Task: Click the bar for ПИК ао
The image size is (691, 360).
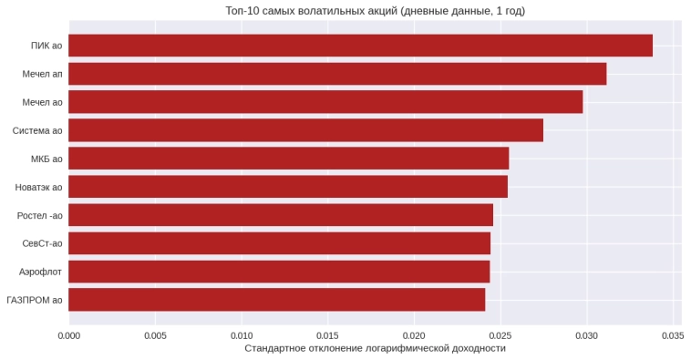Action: pyautogui.click(x=360, y=46)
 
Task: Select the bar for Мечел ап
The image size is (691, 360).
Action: pyautogui.click(x=337, y=74)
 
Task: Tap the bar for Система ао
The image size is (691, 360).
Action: pyautogui.click(x=305, y=130)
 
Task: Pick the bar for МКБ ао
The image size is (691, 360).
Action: pyautogui.click(x=288, y=159)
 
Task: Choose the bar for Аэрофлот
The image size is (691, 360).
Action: pyautogui.click(x=279, y=272)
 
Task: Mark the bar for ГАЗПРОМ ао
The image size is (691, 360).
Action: pyautogui.click(x=276, y=300)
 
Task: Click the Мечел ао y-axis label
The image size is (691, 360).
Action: pyautogui.click(x=43, y=102)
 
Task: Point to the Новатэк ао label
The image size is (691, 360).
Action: pyautogui.click(x=38, y=187)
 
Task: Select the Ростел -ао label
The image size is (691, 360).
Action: pyautogui.click(x=39, y=215)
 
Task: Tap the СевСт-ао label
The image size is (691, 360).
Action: pyautogui.click(x=42, y=243)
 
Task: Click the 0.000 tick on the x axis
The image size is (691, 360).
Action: pyautogui.click(x=68, y=334)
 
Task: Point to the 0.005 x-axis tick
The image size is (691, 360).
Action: pyautogui.click(x=155, y=334)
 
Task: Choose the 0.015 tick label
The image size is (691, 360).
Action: pyautogui.click(x=327, y=334)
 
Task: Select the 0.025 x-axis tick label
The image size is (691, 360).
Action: pyautogui.click(x=500, y=334)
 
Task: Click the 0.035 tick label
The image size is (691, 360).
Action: pyautogui.click(x=673, y=334)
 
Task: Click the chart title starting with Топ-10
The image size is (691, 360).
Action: pyautogui.click(x=375, y=11)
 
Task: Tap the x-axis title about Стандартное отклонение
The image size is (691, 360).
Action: pyautogui.click(x=375, y=348)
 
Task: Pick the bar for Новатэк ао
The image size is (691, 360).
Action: pyautogui.click(x=288, y=187)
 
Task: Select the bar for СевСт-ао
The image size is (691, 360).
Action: pyautogui.click(x=279, y=243)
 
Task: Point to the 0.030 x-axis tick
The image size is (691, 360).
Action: pyautogui.click(x=586, y=334)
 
